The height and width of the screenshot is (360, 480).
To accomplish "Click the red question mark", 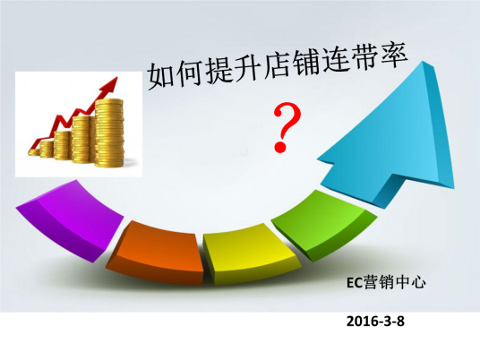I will pyautogui.click(x=285, y=125).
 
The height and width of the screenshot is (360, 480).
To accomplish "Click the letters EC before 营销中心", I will pyautogui.click(x=355, y=281).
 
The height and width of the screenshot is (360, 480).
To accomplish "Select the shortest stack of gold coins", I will pyautogui.click(x=40, y=150).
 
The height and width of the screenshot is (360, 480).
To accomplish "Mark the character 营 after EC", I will pyautogui.click(x=369, y=281).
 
